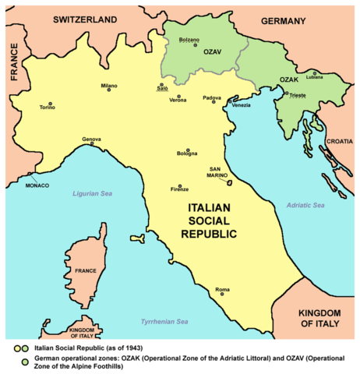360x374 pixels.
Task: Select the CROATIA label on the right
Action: [x=341, y=142]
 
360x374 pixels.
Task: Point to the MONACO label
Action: [x=37, y=185]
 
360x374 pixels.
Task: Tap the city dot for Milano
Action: [x=111, y=91]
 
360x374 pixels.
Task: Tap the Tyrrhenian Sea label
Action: [x=164, y=321]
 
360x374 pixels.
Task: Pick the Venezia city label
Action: [x=242, y=105]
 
